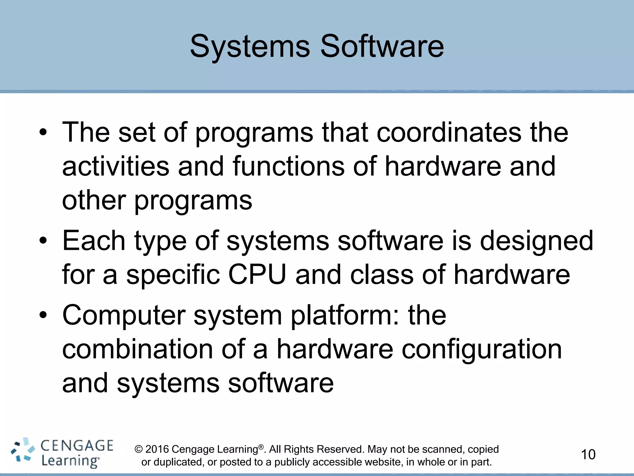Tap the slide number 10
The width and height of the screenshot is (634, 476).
click(x=588, y=455)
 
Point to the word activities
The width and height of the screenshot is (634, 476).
click(x=115, y=166)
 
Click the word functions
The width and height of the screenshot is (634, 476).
click(x=289, y=166)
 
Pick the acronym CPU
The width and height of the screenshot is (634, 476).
click(x=257, y=275)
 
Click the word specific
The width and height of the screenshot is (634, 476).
click(x=173, y=275)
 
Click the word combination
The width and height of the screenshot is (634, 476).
click(x=137, y=349)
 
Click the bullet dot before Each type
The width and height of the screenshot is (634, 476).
click(x=43, y=241)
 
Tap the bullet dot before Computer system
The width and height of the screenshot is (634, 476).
click(x=43, y=315)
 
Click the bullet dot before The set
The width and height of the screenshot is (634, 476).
click(x=43, y=133)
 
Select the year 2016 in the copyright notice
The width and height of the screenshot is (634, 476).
click(x=157, y=449)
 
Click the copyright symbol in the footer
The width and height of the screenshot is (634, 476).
click(x=138, y=449)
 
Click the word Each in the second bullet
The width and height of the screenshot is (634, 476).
click(x=93, y=241)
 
